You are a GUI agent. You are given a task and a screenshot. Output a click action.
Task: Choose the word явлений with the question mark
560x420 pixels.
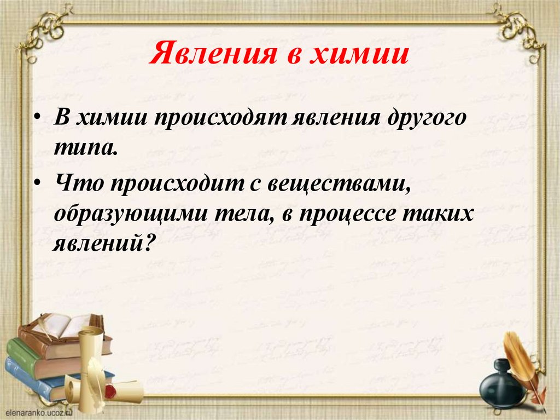tap(101, 243)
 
